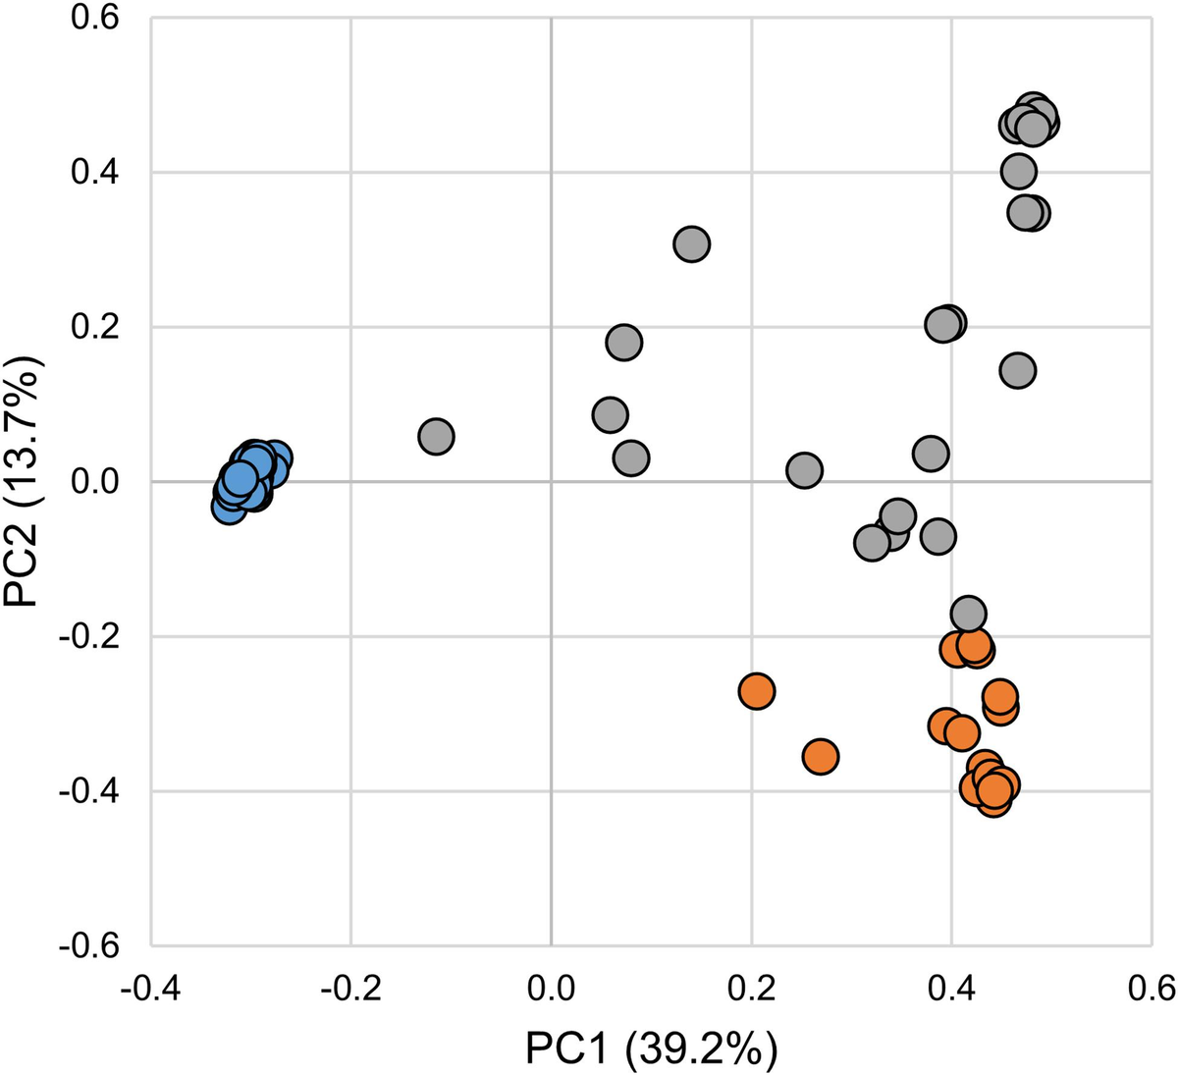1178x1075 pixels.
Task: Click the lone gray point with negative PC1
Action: tap(436, 436)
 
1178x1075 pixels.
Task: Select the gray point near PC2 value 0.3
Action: tap(691, 244)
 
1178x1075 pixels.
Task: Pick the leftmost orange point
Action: tap(756, 691)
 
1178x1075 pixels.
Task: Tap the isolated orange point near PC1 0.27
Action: tap(820, 756)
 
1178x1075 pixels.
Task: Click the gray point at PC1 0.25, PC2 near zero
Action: tap(804, 470)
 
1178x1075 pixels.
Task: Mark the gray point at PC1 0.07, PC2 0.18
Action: tap(623, 343)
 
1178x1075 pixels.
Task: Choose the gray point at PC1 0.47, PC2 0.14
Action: tap(1018, 370)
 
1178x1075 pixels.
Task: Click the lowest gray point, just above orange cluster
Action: tap(968, 614)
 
